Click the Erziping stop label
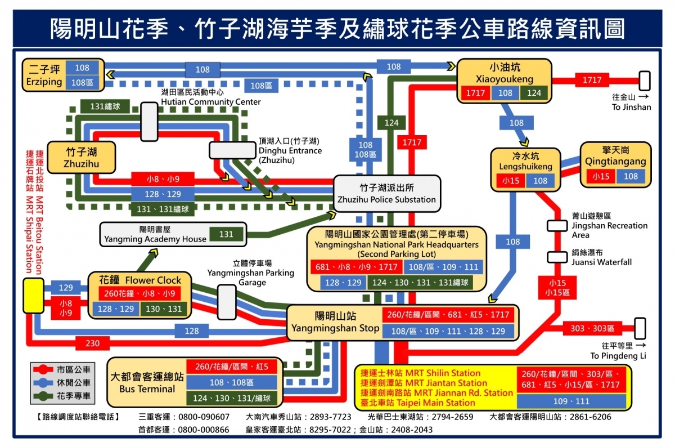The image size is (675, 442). tap(43, 75)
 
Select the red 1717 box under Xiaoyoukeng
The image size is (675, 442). tap(474, 93)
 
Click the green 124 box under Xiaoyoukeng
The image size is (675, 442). tap(534, 93)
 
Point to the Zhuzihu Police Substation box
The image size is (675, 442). tap(386, 194)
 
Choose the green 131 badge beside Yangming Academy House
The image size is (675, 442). tap(226, 234)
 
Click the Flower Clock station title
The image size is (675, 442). tap(140, 280)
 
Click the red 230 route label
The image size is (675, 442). tap(92, 342)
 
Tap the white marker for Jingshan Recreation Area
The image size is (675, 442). tap(557, 226)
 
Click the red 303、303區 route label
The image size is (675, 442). tap(592, 328)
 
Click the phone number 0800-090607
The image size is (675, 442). tap(204, 417)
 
